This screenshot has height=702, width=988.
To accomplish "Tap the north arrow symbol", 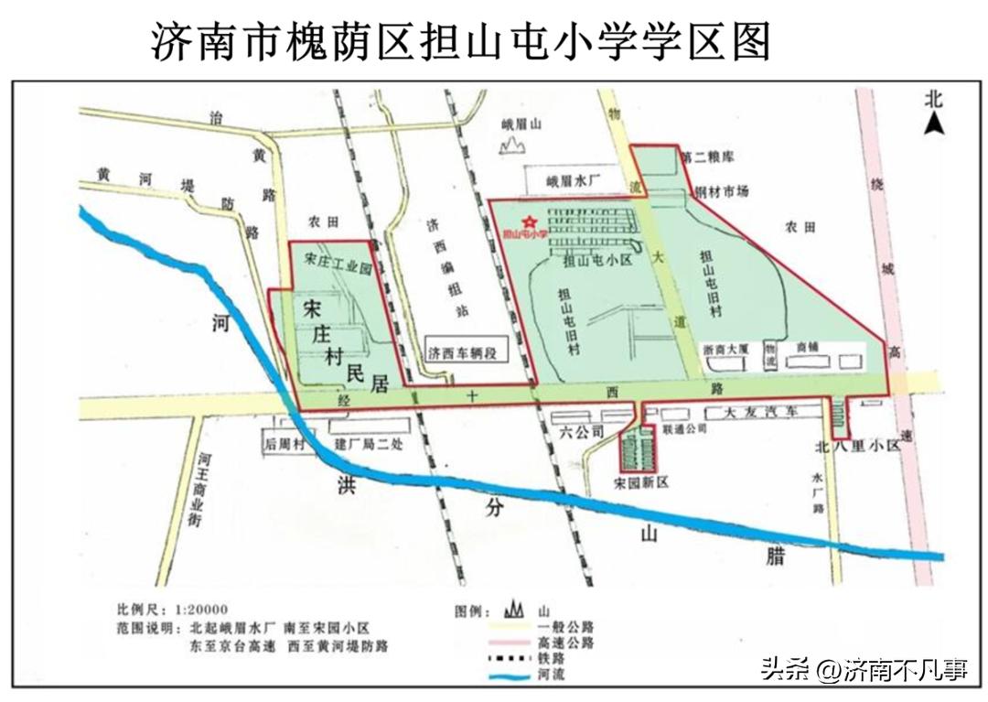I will pos(933,120).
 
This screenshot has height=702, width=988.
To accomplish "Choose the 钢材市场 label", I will pos(722,191).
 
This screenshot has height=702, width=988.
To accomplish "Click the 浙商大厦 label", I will pos(727,349).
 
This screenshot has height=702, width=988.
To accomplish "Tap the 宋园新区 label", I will pos(642,481).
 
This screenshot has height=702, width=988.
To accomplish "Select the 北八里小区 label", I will pos(857,447).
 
